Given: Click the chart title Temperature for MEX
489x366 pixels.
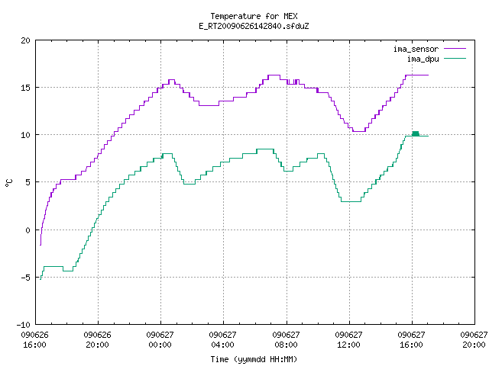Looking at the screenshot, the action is [254, 16].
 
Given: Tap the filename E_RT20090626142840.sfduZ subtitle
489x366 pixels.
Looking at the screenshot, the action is [254, 26].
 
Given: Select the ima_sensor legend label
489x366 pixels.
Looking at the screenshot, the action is [416, 49].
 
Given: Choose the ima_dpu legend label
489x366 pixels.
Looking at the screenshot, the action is [423, 59].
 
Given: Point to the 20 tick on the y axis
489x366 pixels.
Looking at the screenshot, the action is [25, 40].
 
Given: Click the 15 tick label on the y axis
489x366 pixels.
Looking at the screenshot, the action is [25, 88].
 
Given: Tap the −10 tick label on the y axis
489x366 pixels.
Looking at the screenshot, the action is [24, 325].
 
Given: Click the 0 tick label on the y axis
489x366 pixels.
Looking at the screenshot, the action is [28, 230].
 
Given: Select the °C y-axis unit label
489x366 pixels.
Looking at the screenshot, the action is [9, 183].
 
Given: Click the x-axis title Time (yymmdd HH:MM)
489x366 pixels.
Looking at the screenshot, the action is [254, 359].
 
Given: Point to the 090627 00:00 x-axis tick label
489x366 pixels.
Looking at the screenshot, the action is [160, 340].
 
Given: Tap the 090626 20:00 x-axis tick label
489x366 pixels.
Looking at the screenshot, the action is [97, 340].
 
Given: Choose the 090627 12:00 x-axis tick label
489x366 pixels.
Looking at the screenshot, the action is [348, 340].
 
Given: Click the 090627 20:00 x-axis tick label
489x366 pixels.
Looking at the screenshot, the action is [474, 340].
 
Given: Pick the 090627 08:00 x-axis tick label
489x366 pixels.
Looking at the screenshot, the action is [286, 340].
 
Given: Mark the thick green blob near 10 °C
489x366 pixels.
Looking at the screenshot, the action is [416, 134].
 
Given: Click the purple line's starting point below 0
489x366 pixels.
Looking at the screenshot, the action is [40, 246].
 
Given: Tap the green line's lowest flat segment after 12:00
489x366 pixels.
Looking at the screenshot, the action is [351, 201].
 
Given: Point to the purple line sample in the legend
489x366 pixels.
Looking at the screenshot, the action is [455, 49].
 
